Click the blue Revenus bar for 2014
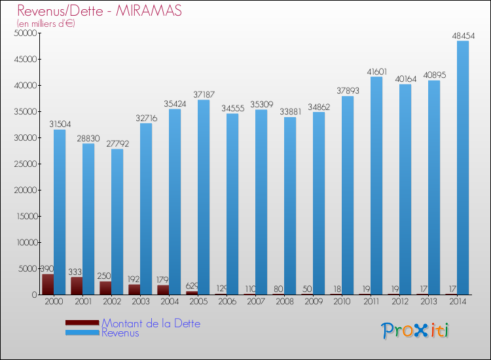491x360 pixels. point(463,168)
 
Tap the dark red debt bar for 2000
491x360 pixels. point(48,284)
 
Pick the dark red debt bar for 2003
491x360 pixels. point(134,289)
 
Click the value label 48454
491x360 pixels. point(463,35)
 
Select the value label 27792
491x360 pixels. point(117,143)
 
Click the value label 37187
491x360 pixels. point(204,94)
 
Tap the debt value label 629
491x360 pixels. point(192,286)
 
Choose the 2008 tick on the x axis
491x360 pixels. point(285,302)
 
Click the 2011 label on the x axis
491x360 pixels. point(371,302)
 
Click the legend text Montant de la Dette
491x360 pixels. point(151,323)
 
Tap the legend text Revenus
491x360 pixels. point(120,333)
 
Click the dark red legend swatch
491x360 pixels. point(82,323)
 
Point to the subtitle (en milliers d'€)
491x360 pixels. point(46,24)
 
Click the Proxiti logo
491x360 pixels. point(415,331)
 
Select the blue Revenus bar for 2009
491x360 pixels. point(319,203)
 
